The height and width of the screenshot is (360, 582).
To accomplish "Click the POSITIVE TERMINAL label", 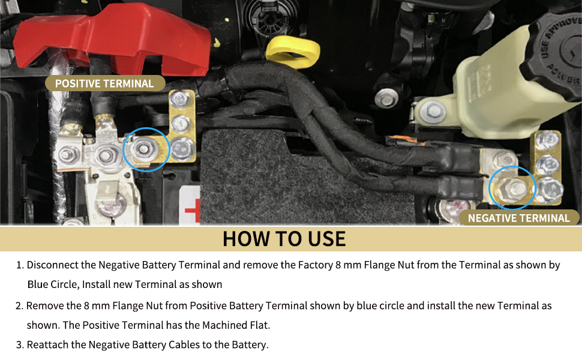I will [x=104, y=84].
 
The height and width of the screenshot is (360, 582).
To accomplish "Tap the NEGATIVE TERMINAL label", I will [x=518, y=218].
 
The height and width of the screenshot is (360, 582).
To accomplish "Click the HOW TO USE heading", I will [x=284, y=239].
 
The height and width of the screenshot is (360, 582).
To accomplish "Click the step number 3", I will [x=19, y=344].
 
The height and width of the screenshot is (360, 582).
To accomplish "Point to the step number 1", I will [x=19, y=265].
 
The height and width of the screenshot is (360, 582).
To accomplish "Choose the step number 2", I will [x=19, y=306].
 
